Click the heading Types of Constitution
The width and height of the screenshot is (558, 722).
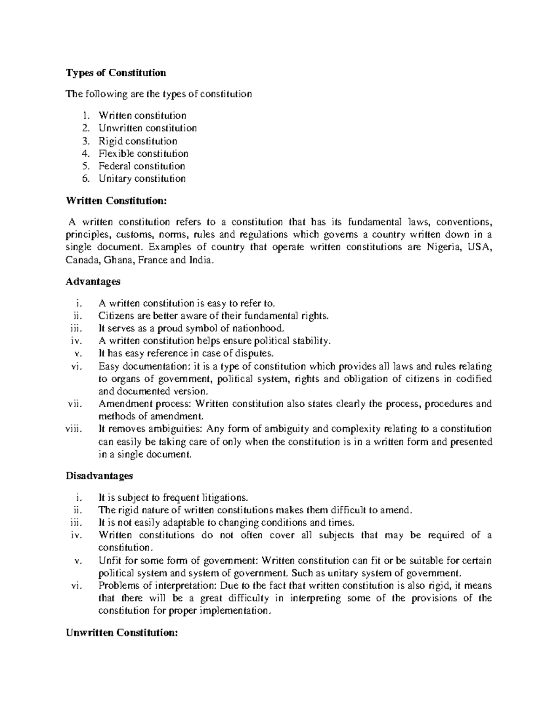tap(116, 73)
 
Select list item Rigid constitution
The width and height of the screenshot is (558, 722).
tap(138, 141)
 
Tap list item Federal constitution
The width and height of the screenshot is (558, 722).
tap(141, 166)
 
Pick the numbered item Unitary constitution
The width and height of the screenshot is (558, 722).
tap(142, 179)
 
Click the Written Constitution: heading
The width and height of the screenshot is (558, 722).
tap(116, 201)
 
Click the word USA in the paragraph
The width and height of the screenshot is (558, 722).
tap(479, 247)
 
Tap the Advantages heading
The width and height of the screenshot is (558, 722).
tap(93, 282)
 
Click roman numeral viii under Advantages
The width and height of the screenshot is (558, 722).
tap(73, 429)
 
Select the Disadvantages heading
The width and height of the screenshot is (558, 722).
tap(99, 476)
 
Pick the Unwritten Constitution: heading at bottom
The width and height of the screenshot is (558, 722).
tap(122, 633)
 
